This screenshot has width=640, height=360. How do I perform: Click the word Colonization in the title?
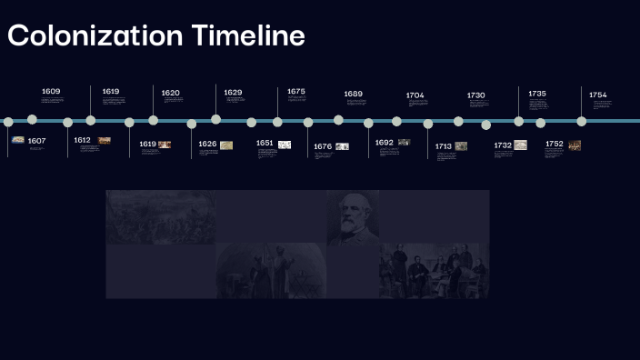tap(95, 35)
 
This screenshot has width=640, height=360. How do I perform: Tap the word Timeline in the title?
tap(247, 35)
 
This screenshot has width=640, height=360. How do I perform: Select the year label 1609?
tap(51, 92)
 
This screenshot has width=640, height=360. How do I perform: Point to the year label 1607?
tap(36, 141)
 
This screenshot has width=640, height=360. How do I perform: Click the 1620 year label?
tap(171, 93)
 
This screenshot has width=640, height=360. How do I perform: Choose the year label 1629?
tap(233, 93)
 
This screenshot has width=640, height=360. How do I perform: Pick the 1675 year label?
tap(296, 92)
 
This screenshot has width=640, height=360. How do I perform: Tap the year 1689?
tap(353, 94)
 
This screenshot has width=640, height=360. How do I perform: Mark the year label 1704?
tap(415, 95)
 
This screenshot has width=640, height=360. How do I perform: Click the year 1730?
tap(476, 95)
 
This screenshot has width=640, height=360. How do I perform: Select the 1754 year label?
tap(598, 95)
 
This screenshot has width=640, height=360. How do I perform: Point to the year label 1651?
tap(265, 143)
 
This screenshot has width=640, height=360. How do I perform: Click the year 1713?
tap(444, 146)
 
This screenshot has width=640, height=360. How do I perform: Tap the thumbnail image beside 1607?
tap(18, 140)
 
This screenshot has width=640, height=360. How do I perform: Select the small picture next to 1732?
tap(520, 145)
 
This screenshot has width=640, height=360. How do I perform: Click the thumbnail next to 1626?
tap(226, 145)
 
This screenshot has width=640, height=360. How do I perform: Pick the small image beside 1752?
tap(575, 145)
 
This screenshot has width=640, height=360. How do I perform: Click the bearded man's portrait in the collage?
tap(353, 216)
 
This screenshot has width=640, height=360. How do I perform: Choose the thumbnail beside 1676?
tap(342, 146)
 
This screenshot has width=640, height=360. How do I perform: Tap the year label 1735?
tap(537, 94)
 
